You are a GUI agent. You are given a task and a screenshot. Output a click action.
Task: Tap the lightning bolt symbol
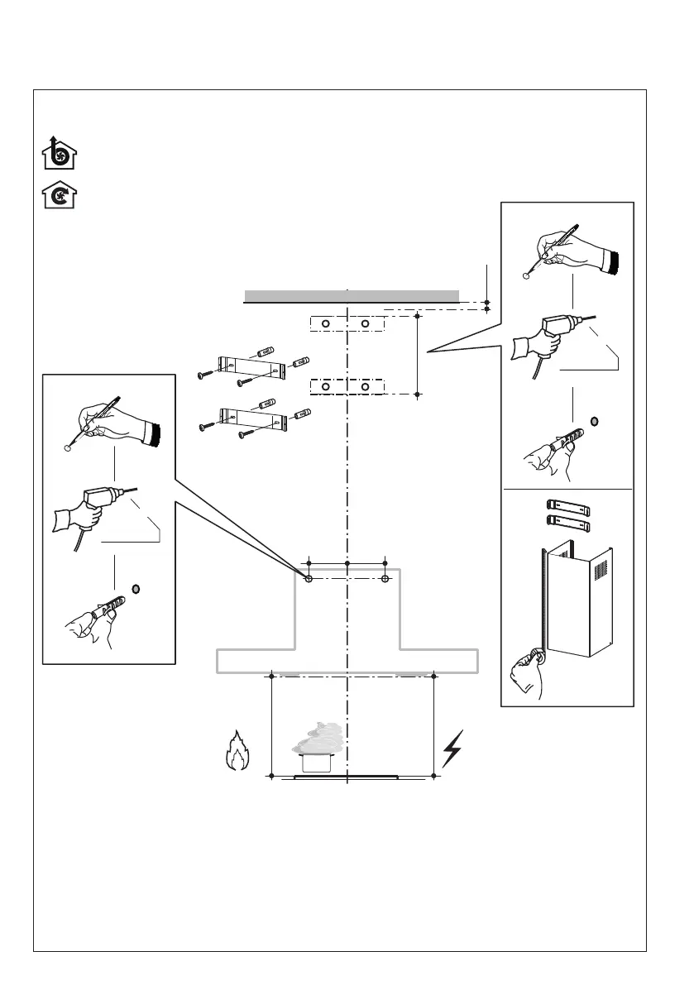[x=452, y=748]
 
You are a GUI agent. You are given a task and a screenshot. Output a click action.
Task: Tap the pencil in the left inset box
[x=98, y=422]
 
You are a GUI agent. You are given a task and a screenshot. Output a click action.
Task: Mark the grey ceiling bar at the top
[x=352, y=296]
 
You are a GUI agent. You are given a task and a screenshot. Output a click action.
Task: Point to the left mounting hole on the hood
[x=309, y=580]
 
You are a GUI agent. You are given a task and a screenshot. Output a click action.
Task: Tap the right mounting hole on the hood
[x=385, y=580]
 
